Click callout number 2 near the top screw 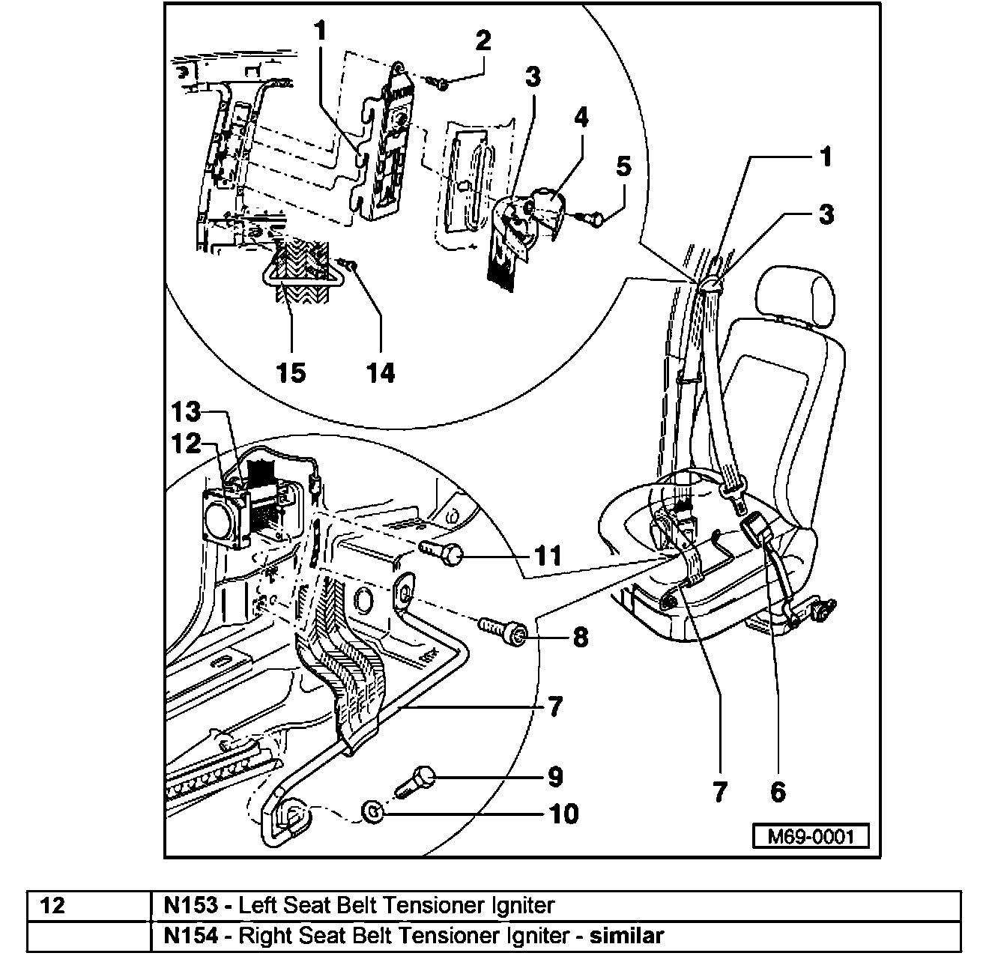[483, 41]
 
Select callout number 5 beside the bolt [623, 166]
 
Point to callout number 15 [291, 372]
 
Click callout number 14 [381, 372]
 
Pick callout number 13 [185, 412]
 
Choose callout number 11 [547, 556]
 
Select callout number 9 [554, 777]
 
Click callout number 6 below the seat [778, 790]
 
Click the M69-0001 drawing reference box [811, 835]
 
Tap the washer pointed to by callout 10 [372, 811]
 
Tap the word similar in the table [627, 935]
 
